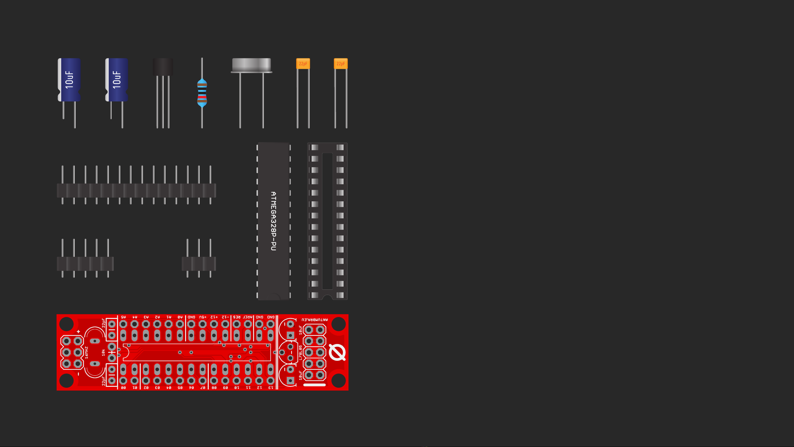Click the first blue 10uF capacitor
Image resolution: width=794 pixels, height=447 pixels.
(x=69, y=80)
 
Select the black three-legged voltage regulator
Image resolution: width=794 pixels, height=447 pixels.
(x=163, y=67)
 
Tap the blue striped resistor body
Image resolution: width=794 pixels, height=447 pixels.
(x=202, y=93)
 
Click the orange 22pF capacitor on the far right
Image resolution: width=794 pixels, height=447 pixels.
(x=340, y=64)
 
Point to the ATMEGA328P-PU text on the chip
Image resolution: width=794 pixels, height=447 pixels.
(x=273, y=221)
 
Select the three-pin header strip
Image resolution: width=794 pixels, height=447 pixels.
(x=199, y=263)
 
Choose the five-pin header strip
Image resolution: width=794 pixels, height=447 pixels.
(x=85, y=263)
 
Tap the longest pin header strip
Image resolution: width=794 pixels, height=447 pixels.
(x=136, y=190)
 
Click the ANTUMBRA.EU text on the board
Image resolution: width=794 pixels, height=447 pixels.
(x=314, y=320)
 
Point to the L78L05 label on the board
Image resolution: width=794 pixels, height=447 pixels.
(x=300, y=353)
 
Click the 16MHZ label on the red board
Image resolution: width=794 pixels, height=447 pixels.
(x=86, y=353)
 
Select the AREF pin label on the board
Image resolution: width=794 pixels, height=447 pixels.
(x=248, y=317)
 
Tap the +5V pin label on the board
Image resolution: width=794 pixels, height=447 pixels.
(x=203, y=317)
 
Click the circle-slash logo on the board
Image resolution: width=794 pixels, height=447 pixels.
(x=337, y=352)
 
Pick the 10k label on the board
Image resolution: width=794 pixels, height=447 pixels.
(x=103, y=352)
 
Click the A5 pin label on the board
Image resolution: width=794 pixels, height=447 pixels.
(x=123, y=317)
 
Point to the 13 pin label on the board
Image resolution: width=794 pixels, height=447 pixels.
(x=271, y=388)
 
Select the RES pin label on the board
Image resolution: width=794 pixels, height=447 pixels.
(x=237, y=317)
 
